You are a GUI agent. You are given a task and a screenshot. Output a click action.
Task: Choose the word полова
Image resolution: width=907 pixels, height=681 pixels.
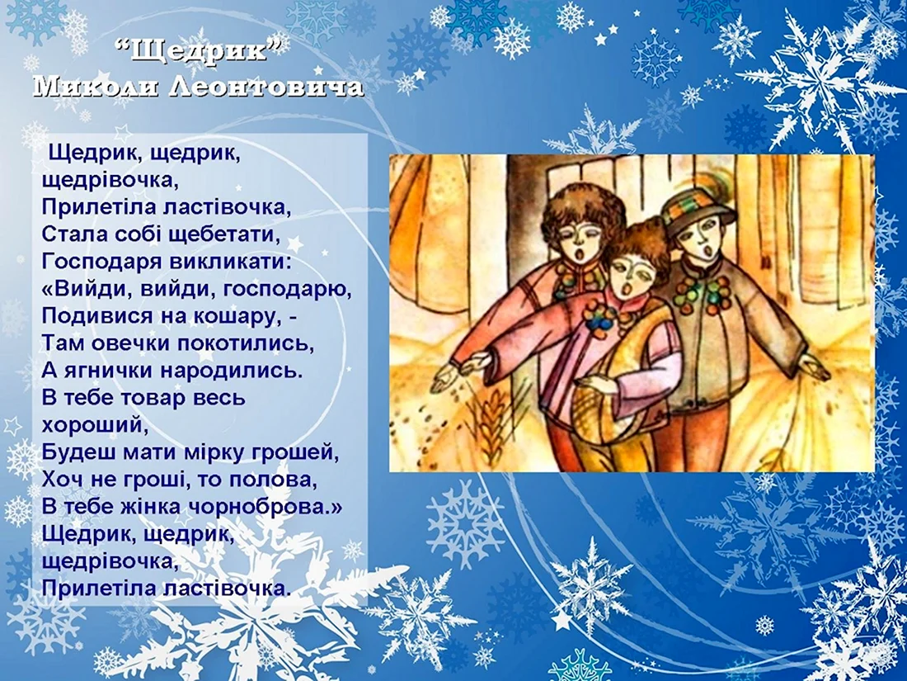[x=274, y=480]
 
